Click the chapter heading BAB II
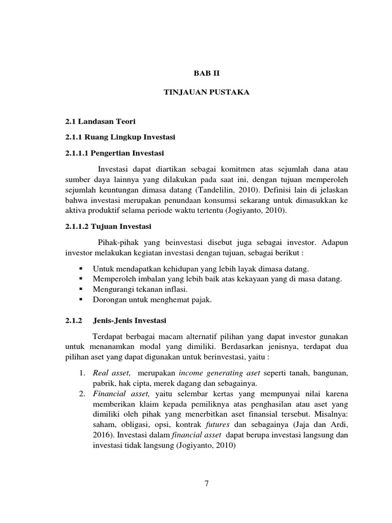click(x=206, y=74)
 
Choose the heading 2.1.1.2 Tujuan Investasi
click(x=106, y=226)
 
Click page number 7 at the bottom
click(x=206, y=484)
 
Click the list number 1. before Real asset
click(x=83, y=374)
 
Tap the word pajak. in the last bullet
click(x=201, y=300)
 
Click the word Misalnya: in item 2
click(x=331, y=416)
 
